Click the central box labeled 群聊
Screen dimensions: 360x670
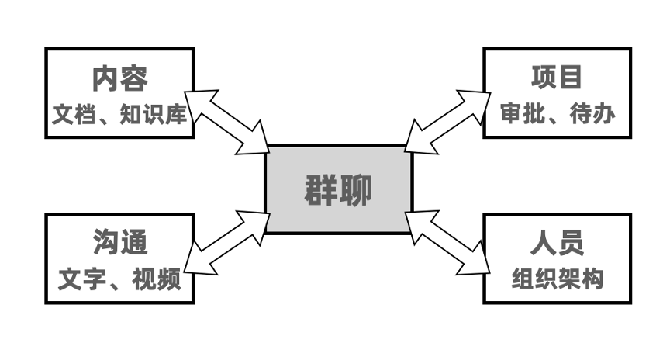click(339, 189)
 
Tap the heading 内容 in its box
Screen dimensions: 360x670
click(119, 79)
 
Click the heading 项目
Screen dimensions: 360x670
click(556, 78)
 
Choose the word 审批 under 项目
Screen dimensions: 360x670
click(518, 114)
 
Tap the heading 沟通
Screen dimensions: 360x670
click(119, 243)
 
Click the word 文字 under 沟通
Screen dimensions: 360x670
click(77, 278)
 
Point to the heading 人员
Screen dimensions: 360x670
click(557, 243)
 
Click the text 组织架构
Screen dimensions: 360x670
click(557, 278)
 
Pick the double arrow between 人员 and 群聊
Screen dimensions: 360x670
click(449, 241)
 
